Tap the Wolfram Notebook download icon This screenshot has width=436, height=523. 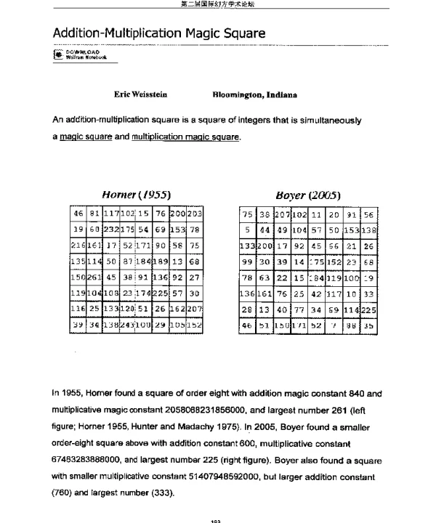tap(57, 55)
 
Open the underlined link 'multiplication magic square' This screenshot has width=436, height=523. tap(184, 136)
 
